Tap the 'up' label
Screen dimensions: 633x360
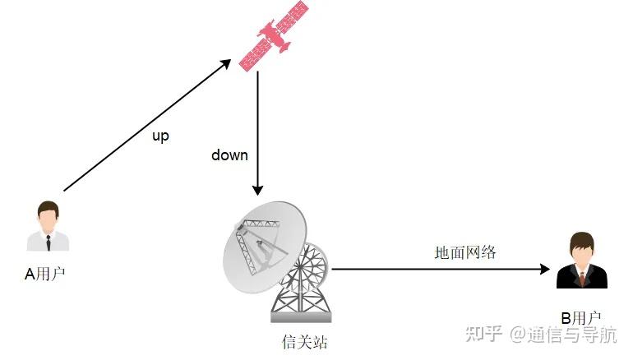click(160, 136)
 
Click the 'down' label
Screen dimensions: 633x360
click(229, 155)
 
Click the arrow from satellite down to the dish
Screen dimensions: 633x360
click(257, 132)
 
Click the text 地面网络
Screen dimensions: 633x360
click(465, 252)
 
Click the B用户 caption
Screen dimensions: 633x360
click(580, 317)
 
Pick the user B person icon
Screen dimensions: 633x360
click(581, 261)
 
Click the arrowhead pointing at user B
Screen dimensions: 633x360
click(543, 269)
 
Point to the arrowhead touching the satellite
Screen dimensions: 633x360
click(226, 63)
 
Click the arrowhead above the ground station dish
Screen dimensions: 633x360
click(257, 189)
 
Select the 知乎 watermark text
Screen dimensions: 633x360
click(483, 335)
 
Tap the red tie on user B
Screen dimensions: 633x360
click(582, 278)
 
